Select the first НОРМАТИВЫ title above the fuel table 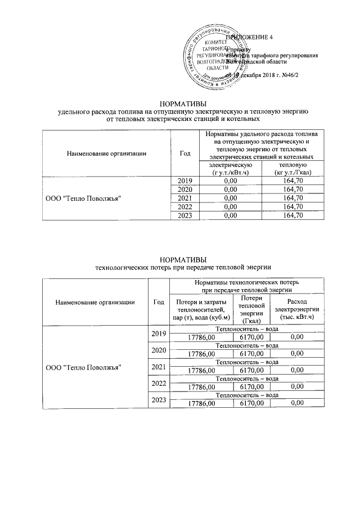179,103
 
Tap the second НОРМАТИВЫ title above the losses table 179,259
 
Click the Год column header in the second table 159,301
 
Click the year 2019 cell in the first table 185,181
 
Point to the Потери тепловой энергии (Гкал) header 250,309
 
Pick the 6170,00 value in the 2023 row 250,403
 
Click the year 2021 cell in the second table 159,367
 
